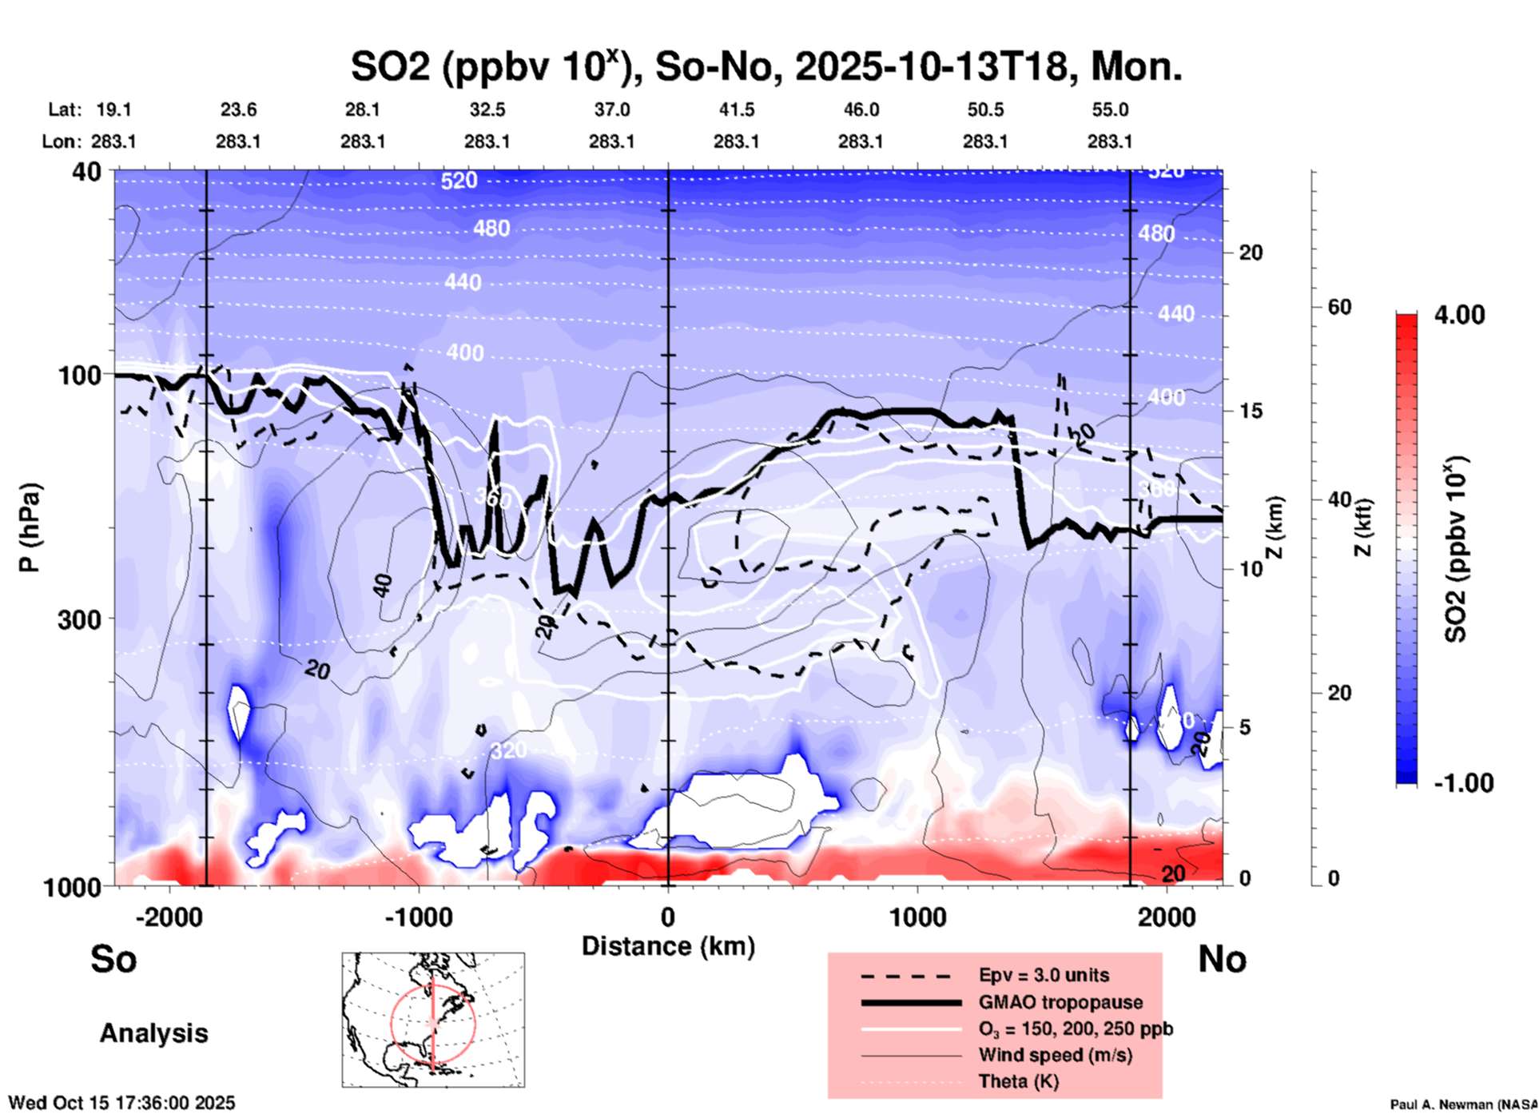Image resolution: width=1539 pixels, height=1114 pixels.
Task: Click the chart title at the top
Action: [766, 67]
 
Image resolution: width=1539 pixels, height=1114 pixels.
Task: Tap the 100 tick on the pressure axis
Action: [80, 375]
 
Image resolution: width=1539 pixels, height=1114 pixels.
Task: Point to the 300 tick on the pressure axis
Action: [80, 619]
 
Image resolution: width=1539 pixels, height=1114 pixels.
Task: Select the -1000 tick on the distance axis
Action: [418, 917]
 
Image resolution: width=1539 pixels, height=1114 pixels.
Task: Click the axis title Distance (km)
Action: [668, 946]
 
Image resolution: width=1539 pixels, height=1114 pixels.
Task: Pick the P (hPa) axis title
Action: [30, 527]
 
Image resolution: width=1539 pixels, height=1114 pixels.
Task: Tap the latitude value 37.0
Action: [611, 109]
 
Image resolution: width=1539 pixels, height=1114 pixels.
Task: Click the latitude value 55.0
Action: [1110, 109]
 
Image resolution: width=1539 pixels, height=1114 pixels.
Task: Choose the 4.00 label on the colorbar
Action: [1459, 315]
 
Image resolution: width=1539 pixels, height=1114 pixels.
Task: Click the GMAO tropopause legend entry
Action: [1060, 1002]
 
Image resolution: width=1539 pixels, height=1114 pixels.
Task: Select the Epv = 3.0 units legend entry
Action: [1044, 975]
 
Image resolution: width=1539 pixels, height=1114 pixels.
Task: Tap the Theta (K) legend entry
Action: [1019, 1081]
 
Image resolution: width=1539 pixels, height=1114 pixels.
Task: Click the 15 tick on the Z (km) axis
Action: [1251, 411]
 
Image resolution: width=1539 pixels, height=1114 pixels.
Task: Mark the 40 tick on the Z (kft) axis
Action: [1339, 499]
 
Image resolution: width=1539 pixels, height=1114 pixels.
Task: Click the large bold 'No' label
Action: [1222, 959]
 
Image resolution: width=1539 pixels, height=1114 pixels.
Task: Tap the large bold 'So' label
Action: [113, 959]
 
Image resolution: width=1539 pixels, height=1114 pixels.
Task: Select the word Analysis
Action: [153, 1033]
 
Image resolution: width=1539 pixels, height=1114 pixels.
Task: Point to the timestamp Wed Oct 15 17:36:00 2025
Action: [121, 1103]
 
